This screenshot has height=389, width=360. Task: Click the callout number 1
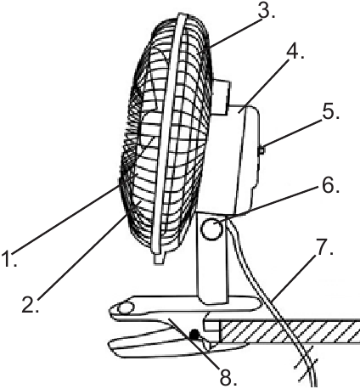pos(8,258)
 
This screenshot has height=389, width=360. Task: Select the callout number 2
pos(31,304)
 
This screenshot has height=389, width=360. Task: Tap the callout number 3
pos(266,10)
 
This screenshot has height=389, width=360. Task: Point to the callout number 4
pos(295,51)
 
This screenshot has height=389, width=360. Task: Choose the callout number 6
pos(330,185)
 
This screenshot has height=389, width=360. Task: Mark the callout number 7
pos(323,246)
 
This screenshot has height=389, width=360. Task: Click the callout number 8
pos(228,376)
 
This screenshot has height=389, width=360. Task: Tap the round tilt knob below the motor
pos(211,229)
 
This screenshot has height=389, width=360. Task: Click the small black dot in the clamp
pos(194,335)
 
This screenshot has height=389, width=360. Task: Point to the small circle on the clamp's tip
pos(126,307)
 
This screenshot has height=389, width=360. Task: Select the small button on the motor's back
pos(262,149)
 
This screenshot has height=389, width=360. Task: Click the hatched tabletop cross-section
pos(290,332)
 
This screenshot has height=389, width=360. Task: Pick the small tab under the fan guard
pos(160,258)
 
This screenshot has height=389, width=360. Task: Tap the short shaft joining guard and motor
pos(221,97)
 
